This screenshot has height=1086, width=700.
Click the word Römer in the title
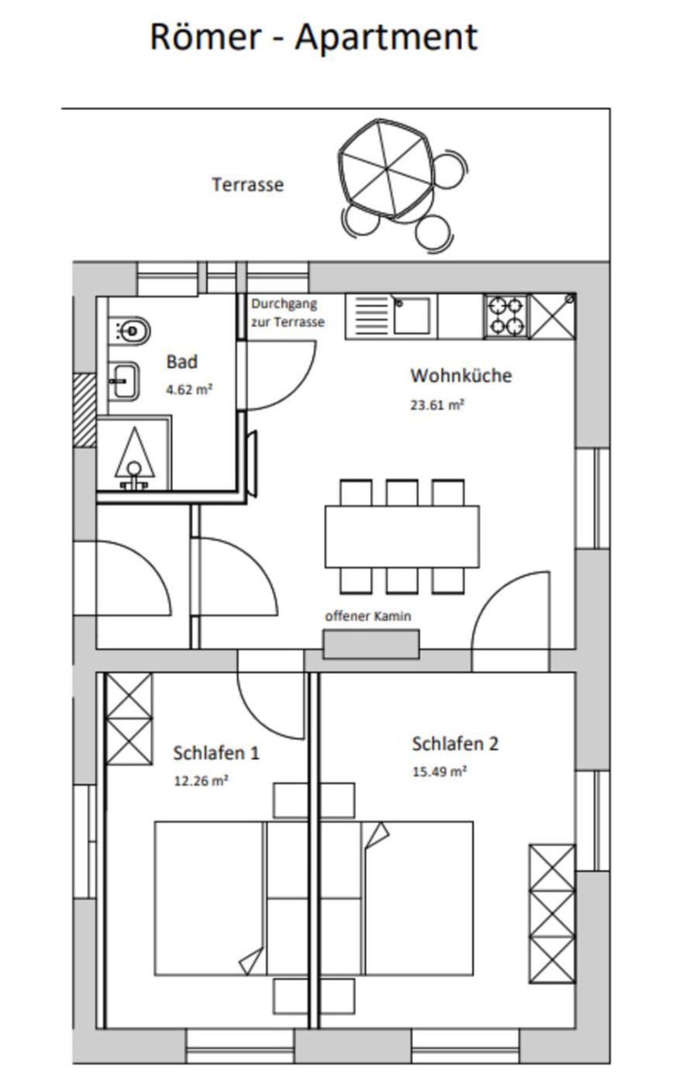206,37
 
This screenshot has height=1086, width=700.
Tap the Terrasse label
247,185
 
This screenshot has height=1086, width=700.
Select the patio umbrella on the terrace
385,168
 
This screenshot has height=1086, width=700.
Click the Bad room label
181,361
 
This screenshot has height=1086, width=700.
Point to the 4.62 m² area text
189,389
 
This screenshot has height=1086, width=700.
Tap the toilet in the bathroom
129,331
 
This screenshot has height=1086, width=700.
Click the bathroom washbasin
124,381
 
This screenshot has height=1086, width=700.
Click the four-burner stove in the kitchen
506,316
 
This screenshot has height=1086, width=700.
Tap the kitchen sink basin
412,316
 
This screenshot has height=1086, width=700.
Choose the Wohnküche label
461,375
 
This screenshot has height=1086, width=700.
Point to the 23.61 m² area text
437,405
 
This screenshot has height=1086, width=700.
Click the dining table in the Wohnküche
402,536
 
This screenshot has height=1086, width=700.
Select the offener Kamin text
368,616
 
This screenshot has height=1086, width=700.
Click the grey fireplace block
371,645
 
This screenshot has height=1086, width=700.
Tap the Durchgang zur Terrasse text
288,313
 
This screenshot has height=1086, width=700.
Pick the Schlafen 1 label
216,753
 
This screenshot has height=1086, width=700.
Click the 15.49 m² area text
440,771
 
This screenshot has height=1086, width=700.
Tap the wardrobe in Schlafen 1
129,719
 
